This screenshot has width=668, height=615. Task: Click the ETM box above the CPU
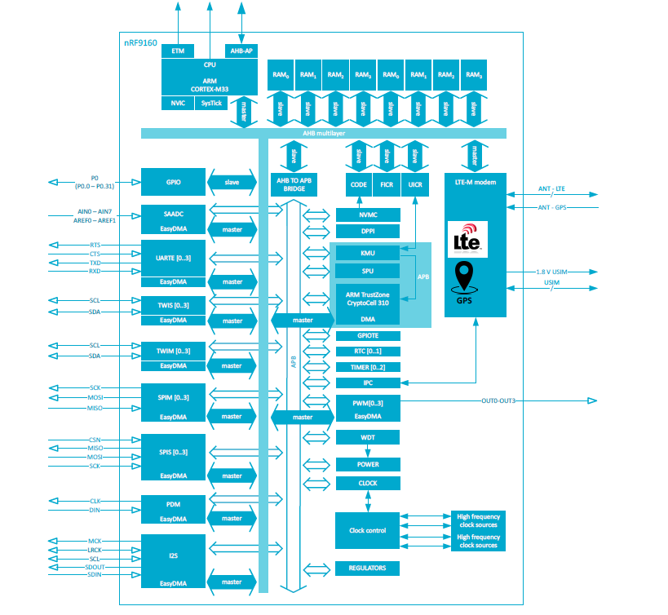coord(178,51)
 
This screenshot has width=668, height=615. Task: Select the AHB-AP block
coord(241,51)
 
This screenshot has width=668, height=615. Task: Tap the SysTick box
coord(211,103)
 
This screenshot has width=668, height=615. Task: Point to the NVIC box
coord(177,103)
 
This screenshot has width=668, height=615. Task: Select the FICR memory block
coord(386,185)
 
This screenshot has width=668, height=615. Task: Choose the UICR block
coord(414,185)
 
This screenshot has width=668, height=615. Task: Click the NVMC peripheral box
coord(368,215)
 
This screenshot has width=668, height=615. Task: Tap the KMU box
coord(368,254)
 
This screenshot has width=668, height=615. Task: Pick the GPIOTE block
coord(368,335)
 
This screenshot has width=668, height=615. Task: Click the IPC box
coord(368,383)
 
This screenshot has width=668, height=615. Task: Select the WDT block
coord(368,437)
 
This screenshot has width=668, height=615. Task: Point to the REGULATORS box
coord(368,568)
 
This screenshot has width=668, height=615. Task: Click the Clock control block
coord(368,530)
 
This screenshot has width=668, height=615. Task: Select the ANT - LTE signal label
coord(551,189)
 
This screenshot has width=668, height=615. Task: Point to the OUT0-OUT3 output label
coord(498,400)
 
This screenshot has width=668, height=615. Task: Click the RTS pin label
coord(95,245)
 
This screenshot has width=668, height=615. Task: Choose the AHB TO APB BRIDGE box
coord(294,185)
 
